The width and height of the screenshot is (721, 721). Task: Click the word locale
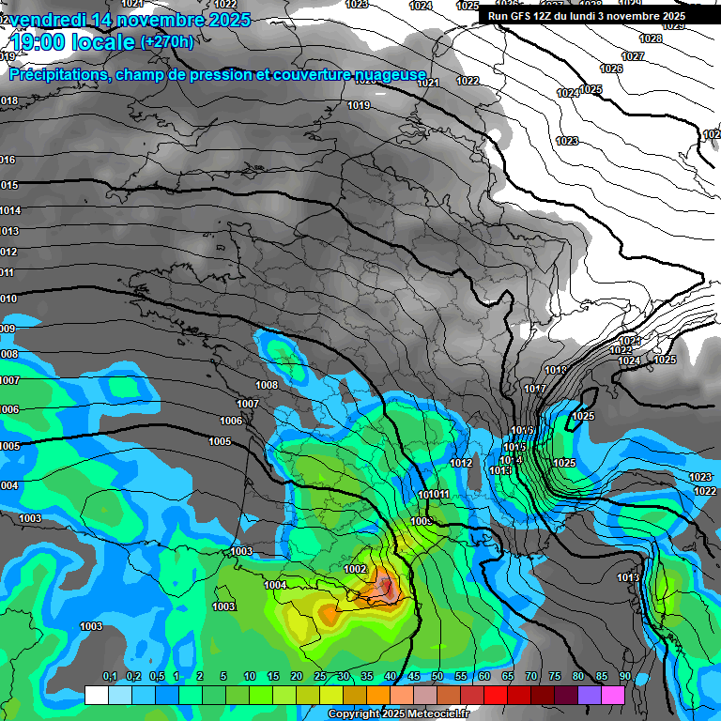(108, 42)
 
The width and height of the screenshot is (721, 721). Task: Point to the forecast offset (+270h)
(167, 42)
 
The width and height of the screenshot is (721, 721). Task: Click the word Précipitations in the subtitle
(55, 74)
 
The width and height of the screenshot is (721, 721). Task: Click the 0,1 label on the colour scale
(109, 677)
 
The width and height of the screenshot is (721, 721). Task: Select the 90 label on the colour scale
(624, 677)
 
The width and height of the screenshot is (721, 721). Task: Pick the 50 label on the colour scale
(437, 677)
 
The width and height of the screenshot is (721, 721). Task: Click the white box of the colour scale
(96, 695)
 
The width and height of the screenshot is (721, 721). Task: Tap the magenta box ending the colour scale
(613, 695)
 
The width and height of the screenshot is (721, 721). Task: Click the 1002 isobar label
(355, 569)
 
